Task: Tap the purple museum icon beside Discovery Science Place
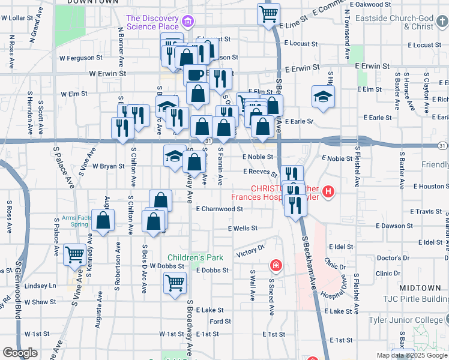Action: click(189, 22)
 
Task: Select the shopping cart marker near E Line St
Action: click(268, 13)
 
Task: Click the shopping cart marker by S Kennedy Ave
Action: click(75, 255)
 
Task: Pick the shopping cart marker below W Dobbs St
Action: click(174, 282)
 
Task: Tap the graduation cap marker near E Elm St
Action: click(323, 97)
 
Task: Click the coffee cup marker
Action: click(194, 74)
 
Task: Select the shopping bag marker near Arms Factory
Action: click(103, 220)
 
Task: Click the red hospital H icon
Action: click(328, 192)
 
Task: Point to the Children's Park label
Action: click(195, 257)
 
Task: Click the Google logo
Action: click(20, 353)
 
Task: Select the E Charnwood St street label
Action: click(219, 209)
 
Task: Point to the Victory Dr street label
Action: click(250, 250)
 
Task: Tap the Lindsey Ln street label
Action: click(44, 286)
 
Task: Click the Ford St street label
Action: click(220, 322)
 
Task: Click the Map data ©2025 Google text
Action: click(411, 355)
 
